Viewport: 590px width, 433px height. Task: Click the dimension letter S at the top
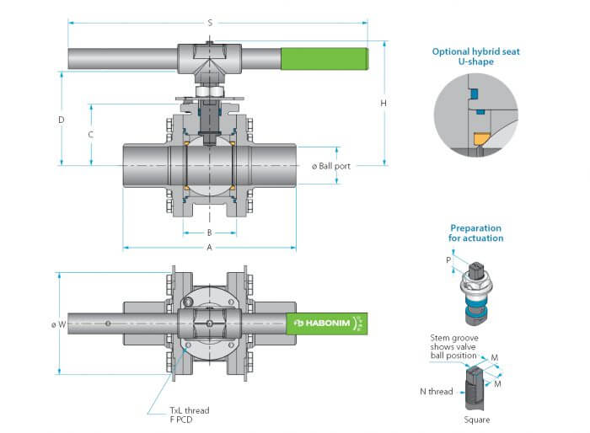coord(210,23)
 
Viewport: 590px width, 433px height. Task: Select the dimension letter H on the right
coord(383,103)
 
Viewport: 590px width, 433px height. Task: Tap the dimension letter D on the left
coord(61,120)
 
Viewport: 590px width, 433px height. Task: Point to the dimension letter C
coord(90,135)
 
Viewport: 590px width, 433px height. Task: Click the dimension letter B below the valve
coord(209,233)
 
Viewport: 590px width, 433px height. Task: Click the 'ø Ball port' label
coord(330,166)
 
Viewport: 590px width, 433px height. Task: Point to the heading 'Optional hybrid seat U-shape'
coord(475,56)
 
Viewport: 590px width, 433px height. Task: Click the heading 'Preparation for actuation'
coord(475,233)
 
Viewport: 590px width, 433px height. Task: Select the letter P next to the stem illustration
coord(448,260)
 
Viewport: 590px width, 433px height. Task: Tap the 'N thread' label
coord(436,391)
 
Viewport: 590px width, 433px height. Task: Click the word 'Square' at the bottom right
coord(476,420)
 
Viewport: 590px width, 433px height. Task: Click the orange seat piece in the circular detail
coord(480,136)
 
